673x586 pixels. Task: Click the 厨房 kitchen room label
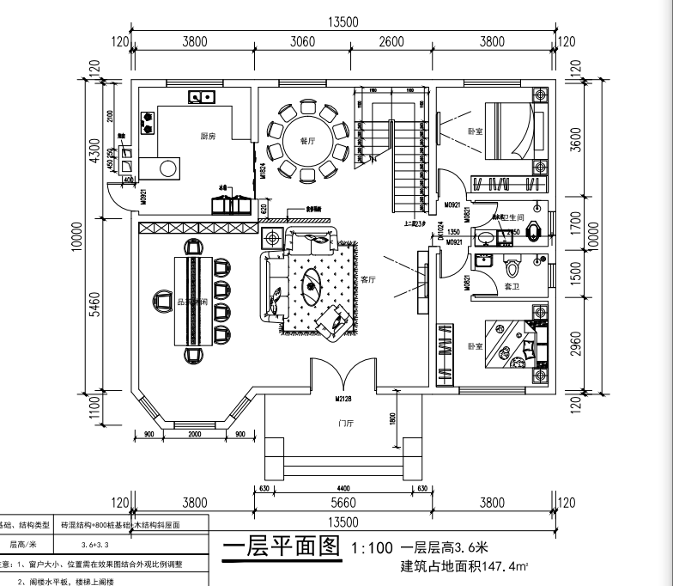208,136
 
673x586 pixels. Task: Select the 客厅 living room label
370,280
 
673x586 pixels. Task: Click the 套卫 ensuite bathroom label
510,285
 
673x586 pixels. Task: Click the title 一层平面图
282,547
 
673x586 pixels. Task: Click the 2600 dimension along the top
391,40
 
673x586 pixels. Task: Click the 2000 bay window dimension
196,434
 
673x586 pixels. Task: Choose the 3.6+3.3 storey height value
94,544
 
